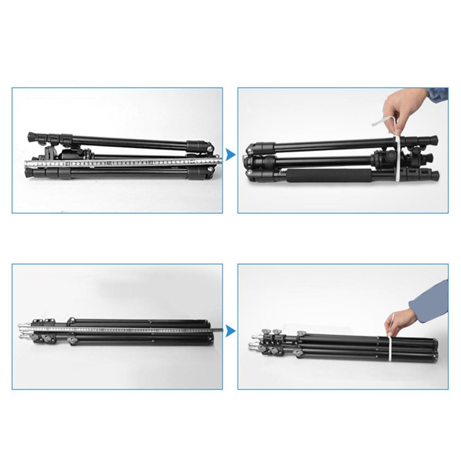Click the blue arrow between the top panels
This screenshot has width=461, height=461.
tap(230, 155)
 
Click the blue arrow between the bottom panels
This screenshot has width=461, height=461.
tap(230, 331)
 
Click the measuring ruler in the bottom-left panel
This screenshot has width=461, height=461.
tap(126, 329)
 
